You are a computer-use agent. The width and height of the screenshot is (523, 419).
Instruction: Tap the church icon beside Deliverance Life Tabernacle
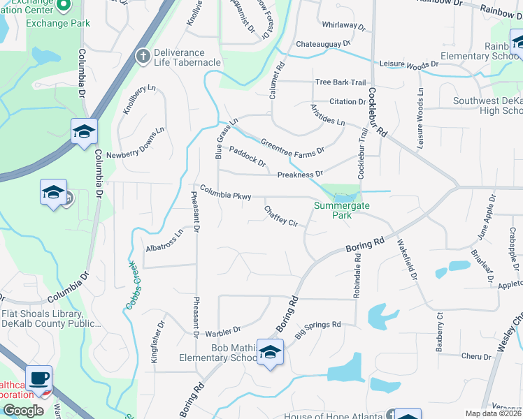tap(143, 56)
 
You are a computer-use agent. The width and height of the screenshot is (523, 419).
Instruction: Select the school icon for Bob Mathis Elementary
tap(270, 352)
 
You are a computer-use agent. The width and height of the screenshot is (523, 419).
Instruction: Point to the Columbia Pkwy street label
tap(225, 193)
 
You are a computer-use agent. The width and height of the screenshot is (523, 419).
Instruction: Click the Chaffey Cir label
tap(281, 216)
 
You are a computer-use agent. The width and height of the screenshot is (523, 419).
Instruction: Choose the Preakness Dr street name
tap(300, 175)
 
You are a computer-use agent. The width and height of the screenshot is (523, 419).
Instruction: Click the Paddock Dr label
tap(248, 157)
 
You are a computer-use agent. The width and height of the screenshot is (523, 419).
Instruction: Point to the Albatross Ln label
tap(164, 240)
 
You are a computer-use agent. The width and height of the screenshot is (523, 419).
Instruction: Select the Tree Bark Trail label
tap(341, 82)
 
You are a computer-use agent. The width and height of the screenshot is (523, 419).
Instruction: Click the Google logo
tap(23, 411)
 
